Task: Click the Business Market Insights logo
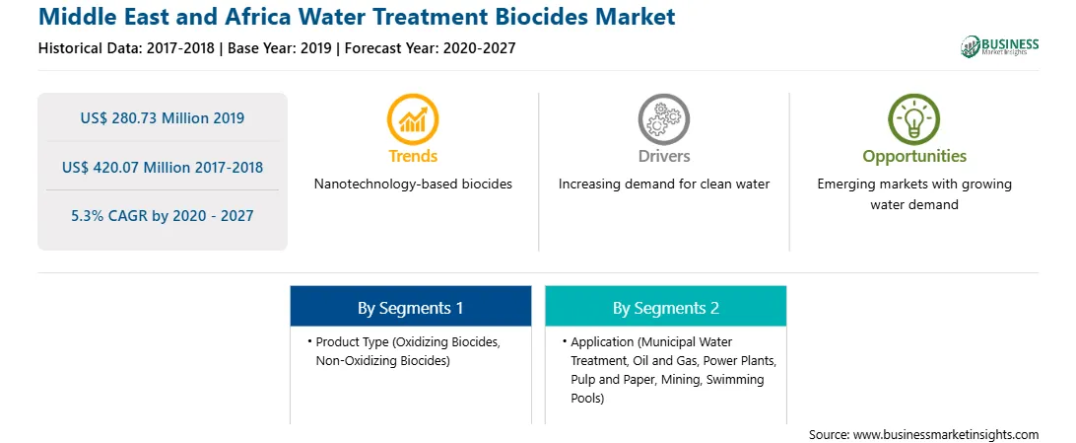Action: [x=999, y=46]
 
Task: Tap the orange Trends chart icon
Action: [x=413, y=118]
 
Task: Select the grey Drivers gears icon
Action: [x=663, y=118]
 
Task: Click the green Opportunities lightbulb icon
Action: [x=914, y=118]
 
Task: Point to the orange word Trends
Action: [x=413, y=156]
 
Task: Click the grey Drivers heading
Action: [x=663, y=156]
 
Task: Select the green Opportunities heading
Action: [x=914, y=157]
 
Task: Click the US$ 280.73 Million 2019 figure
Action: [x=163, y=117]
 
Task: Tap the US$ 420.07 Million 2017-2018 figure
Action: [x=163, y=166]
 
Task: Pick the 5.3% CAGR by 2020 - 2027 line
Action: [x=163, y=216]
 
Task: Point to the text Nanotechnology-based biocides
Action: [x=413, y=185]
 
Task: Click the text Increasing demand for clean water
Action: [x=663, y=185]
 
